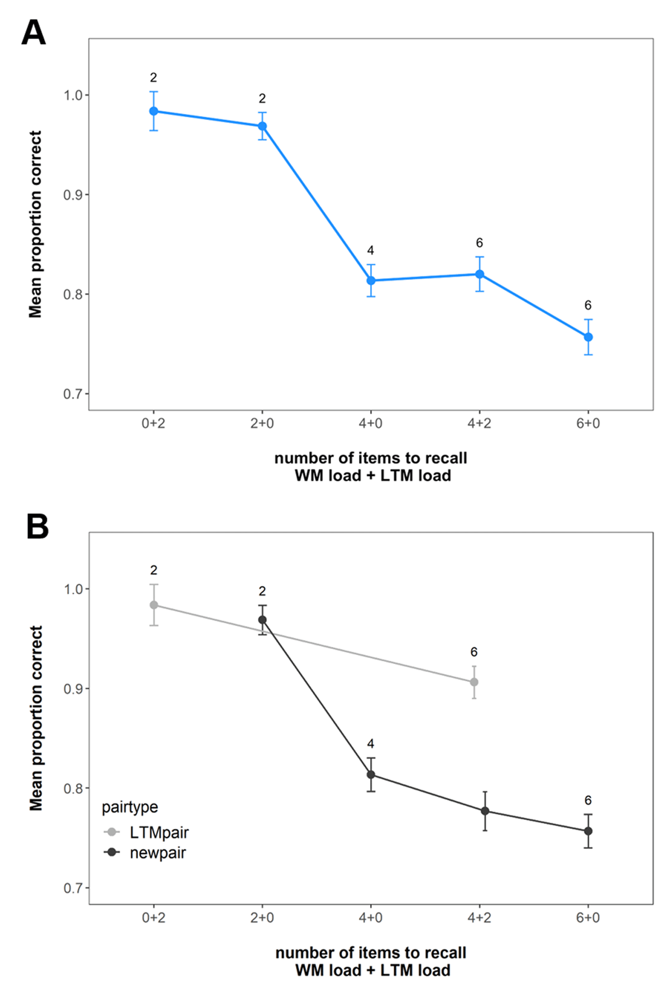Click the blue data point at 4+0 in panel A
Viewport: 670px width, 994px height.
pos(371,280)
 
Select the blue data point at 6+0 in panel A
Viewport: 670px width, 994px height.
pos(588,337)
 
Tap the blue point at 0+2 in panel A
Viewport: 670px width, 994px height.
pos(154,111)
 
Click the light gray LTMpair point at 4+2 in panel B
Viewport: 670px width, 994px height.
pos(474,682)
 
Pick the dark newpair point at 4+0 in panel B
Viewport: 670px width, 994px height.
pos(371,775)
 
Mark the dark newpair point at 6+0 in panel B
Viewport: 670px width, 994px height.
pos(588,831)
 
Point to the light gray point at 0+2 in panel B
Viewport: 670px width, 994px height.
pos(154,605)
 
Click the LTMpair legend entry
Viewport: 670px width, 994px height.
pos(146,833)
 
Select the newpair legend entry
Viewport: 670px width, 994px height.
pos(145,853)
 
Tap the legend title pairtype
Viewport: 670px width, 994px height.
pos(130,807)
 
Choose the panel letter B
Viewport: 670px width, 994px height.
pos(37,527)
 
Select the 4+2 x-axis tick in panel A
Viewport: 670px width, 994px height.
pos(479,423)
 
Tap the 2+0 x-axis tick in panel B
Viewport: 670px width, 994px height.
pos(262,917)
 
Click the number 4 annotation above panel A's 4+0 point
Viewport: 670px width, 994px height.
pos(371,251)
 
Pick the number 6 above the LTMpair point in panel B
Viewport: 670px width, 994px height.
pos(474,652)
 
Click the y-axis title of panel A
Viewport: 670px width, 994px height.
pos(35,224)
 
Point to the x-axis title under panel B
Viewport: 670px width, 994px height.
pos(371,961)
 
